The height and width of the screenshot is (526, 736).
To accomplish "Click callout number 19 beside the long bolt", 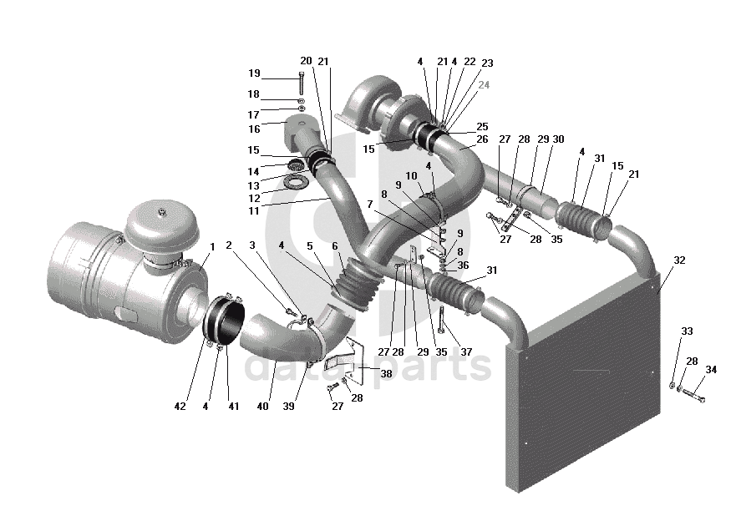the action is coord(254,73).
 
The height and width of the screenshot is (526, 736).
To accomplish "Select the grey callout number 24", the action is coord(484,85).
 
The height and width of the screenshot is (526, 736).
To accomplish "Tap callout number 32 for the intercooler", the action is coord(679,260).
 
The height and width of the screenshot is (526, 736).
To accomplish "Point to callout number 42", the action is coord(180,407).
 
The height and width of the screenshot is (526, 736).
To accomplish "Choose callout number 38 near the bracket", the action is coord(386,373).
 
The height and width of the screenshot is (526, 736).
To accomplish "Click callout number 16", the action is coord(254,129).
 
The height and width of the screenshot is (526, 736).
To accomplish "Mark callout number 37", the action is coord(466,352).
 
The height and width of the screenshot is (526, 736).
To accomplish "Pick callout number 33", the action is coord(687,331).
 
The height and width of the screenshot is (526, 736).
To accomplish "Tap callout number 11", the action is coord(254,211).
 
